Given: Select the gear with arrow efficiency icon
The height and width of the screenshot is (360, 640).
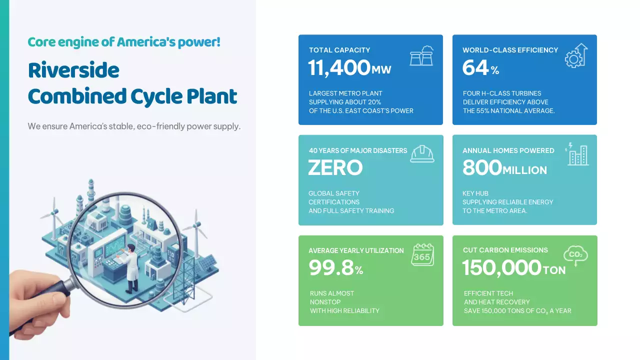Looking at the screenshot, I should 576,55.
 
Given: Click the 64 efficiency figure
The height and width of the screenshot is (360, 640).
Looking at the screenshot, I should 475,68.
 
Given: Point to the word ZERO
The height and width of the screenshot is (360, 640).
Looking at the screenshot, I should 335,168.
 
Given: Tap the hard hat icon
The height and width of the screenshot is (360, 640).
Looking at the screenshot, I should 422,153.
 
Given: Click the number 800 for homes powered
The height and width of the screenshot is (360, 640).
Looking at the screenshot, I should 482,168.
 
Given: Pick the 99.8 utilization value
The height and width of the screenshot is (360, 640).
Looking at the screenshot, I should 331,268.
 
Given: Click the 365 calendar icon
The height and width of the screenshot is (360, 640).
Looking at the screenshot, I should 422,255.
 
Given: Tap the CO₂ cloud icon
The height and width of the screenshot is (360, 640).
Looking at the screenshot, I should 575,255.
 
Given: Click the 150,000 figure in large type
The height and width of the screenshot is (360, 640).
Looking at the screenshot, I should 501,268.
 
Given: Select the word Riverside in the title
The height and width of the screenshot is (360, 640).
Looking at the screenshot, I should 73,70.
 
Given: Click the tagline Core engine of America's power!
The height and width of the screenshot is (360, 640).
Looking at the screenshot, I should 124,42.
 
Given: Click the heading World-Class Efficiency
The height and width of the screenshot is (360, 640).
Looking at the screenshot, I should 510,50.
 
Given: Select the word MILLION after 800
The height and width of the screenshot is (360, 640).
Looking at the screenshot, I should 524,170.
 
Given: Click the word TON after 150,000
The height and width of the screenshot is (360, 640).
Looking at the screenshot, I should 554,270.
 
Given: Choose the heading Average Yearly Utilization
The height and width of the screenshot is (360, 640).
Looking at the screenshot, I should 356,250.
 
